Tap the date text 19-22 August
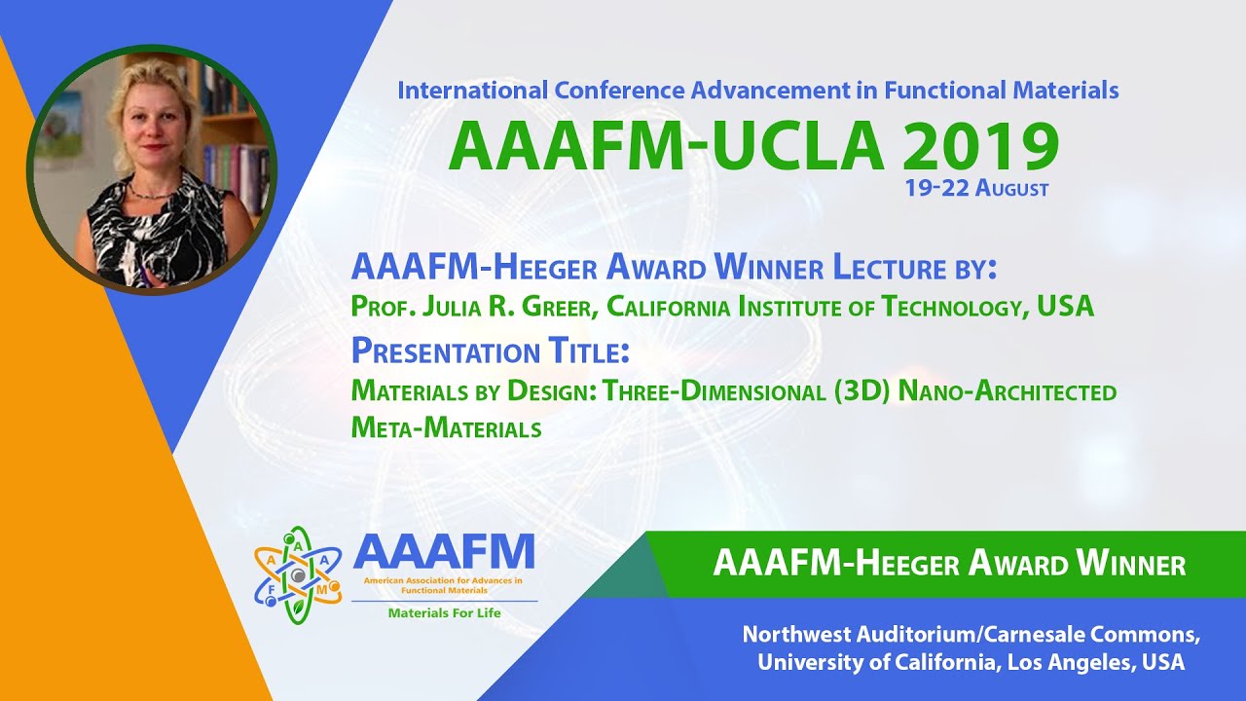976,189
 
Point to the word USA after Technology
1065,308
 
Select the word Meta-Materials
446,427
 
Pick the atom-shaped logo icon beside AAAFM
297,574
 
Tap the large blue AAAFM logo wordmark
444,552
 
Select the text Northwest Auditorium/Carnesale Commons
971,635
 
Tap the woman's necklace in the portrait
146,191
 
